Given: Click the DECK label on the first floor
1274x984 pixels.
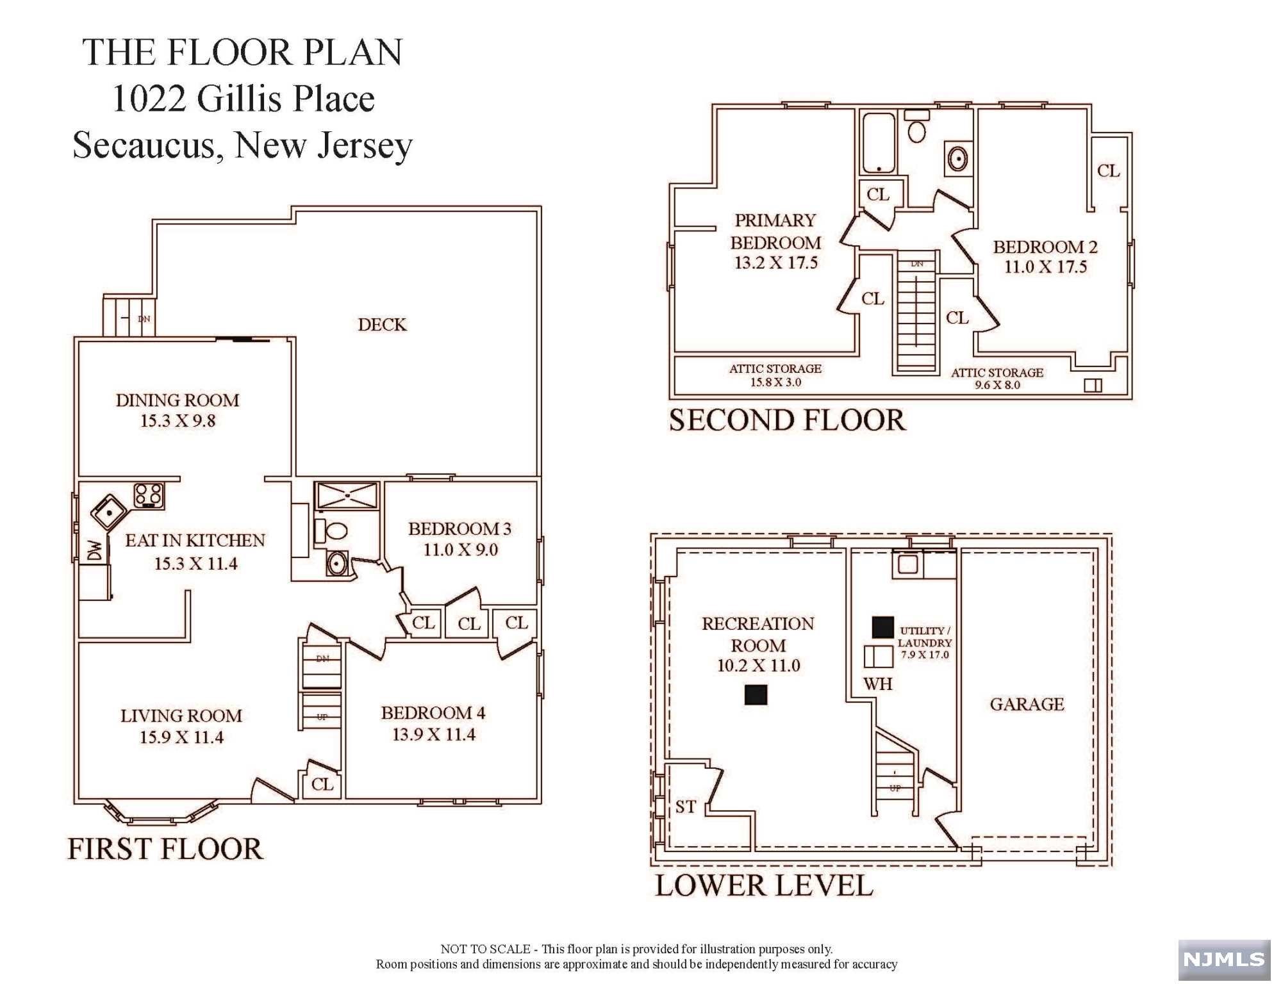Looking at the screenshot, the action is (382, 325).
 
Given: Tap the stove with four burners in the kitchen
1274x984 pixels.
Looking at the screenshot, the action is (149, 495).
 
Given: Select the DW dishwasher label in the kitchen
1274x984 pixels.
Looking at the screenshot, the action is (94, 550).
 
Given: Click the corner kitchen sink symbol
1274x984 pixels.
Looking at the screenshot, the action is (108, 511).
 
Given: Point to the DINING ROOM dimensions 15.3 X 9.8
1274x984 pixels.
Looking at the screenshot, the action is (178, 421).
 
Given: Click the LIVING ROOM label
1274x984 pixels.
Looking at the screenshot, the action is (181, 716).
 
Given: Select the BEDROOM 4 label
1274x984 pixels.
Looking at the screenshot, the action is (433, 713).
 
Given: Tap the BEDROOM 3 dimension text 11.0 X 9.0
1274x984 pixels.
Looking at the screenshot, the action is (461, 550).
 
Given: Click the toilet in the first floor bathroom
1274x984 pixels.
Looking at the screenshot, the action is (331, 531).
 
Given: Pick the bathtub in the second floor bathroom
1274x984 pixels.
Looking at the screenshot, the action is (878, 143).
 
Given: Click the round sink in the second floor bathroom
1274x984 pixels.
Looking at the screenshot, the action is (957, 158).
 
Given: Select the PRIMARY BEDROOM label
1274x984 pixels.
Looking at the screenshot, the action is (775, 231).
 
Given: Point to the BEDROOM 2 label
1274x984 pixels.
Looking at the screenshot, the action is (1045, 247).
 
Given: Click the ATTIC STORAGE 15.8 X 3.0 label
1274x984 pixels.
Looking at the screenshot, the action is (775, 375).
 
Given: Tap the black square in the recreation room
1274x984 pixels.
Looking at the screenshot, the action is (756, 695).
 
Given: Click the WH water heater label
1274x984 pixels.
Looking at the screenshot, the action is (878, 684).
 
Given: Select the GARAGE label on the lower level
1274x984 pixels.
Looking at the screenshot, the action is (1027, 704).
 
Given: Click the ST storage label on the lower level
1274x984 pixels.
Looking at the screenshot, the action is (686, 807).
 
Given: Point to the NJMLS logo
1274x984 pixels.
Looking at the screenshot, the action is (1224, 959).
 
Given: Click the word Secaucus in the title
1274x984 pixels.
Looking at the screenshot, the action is (145, 146).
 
